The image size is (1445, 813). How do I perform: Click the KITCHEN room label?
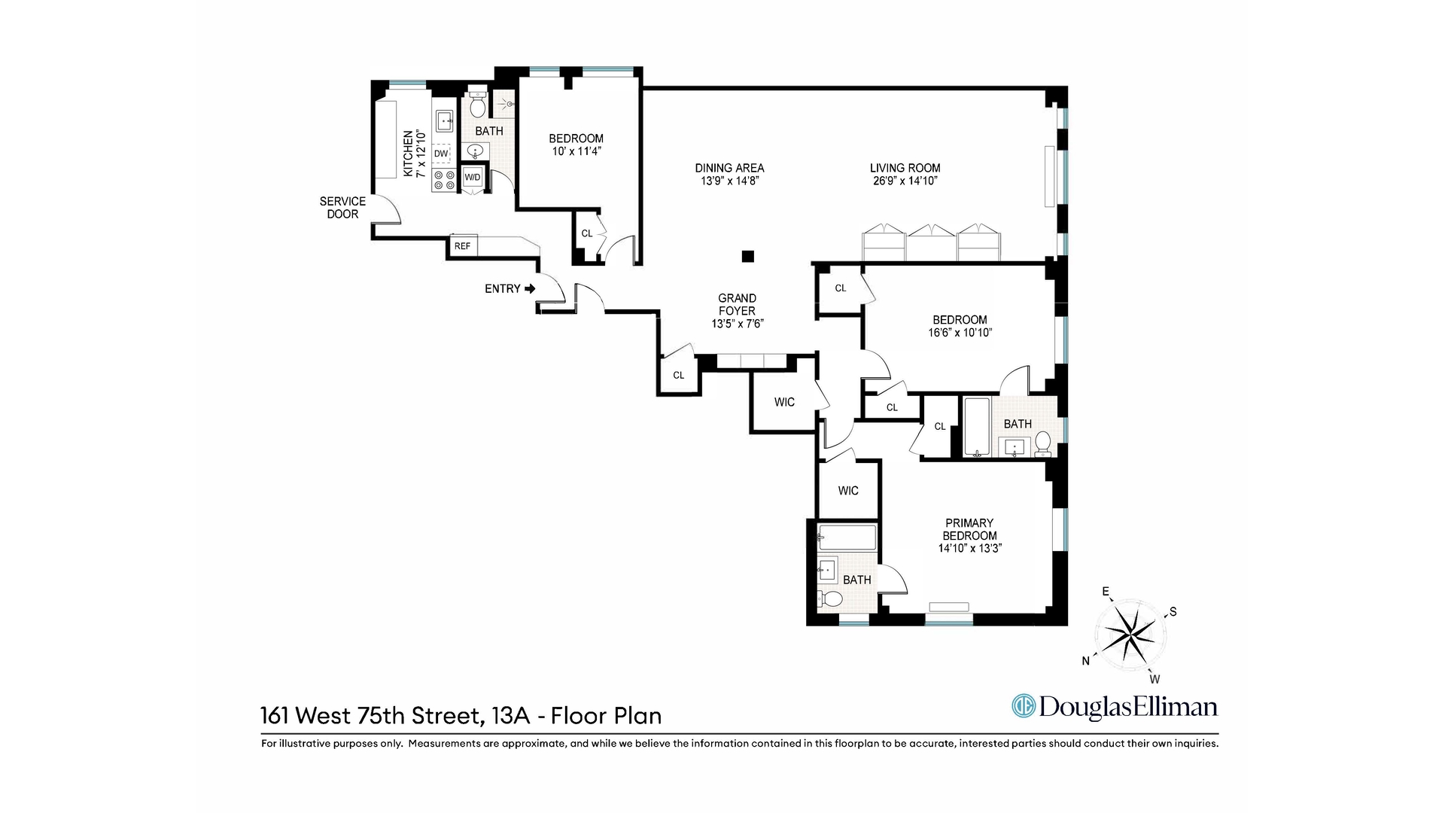tap(408, 153)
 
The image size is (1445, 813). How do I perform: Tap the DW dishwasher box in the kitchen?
tap(441, 154)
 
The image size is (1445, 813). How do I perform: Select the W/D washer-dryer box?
tap(473, 177)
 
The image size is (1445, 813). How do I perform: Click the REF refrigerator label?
tap(462, 246)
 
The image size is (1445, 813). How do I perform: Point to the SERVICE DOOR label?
tap(342, 208)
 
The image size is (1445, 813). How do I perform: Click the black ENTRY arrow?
tap(530, 288)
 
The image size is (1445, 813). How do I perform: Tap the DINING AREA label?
tap(729, 168)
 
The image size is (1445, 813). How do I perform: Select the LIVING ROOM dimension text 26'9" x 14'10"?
tap(905, 181)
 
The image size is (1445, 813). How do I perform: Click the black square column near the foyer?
tap(747, 257)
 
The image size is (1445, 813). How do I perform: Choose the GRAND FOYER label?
tap(737, 304)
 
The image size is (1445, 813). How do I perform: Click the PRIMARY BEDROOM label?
tap(969, 529)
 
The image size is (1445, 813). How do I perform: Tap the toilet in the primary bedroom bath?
tap(831, 600)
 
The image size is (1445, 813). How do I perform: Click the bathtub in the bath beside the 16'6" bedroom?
tap(977, 427)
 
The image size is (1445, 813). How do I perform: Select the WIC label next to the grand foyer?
tap(784, 402)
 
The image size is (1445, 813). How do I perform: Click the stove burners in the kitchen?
tap(444, 180)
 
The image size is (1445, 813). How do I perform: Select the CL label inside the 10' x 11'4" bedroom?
tap(586, 233)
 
